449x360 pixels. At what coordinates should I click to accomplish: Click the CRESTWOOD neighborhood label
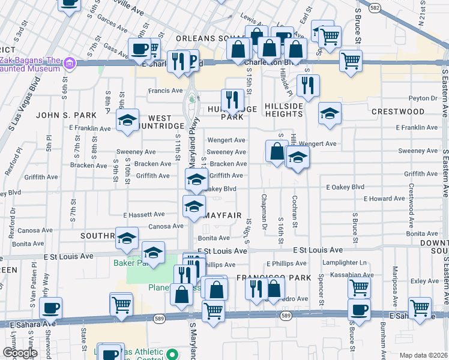tap(398, 112)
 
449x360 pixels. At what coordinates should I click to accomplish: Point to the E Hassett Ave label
tap(143, 214)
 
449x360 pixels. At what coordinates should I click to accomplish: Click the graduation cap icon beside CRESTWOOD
tap(329, 114)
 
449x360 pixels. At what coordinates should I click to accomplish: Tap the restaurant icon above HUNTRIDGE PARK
tap(232, 99)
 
